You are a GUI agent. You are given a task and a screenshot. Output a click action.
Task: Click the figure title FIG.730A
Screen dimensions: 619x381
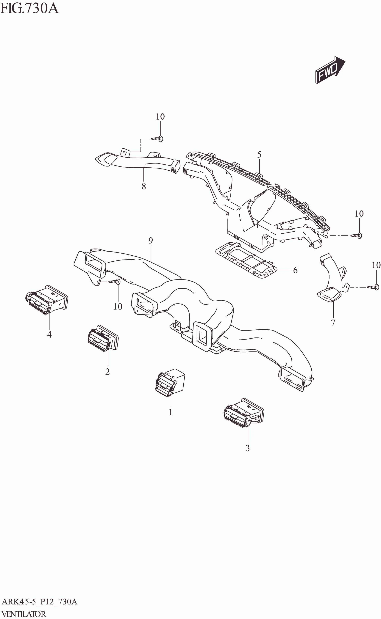point(29,9)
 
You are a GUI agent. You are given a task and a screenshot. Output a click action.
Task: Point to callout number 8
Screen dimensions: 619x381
point(144,186)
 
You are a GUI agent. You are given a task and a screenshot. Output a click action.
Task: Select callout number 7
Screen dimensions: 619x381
point(333,323)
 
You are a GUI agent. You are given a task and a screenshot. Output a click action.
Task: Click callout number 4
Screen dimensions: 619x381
point(49,334)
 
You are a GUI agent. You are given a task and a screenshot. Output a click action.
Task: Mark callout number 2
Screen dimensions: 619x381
point(108,372)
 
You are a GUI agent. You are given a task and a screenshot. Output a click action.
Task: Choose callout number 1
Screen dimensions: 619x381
point(171,412)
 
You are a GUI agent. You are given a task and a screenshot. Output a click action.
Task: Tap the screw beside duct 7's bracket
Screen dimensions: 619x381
point(373,287)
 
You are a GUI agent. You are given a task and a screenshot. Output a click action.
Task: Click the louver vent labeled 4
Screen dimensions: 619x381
point(47,300)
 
